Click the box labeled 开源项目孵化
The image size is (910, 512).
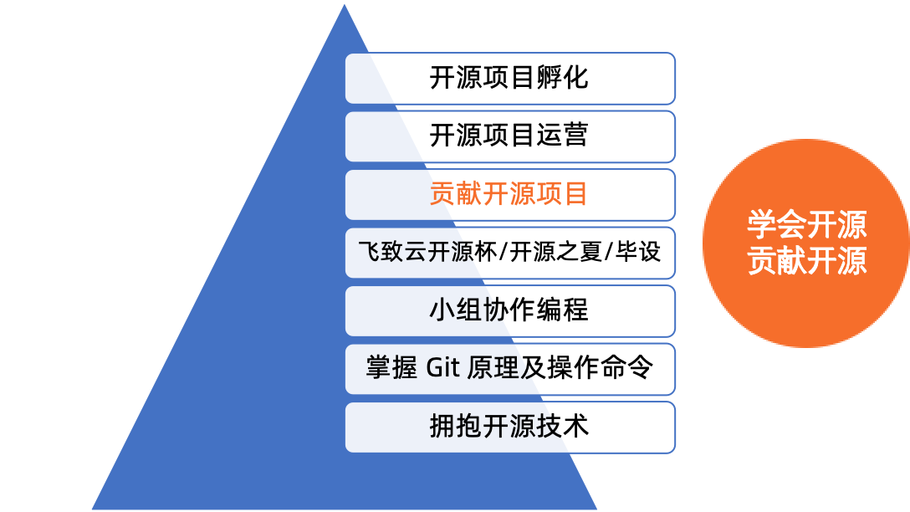[x=509, y=78]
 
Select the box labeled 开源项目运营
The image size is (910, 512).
[x=509, y=136]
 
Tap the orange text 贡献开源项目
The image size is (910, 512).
[x=509, y=194]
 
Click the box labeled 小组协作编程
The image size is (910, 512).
[x=509, y=310]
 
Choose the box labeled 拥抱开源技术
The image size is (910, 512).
[x=509, y=426]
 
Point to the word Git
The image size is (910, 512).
[x=443, y=368]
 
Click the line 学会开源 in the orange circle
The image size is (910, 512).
[x=806, y=226]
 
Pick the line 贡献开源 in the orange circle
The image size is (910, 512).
[x=806, y=261]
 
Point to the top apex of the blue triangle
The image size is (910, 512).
[x=344, y=3]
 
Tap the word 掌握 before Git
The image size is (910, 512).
[x=391, y=368]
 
